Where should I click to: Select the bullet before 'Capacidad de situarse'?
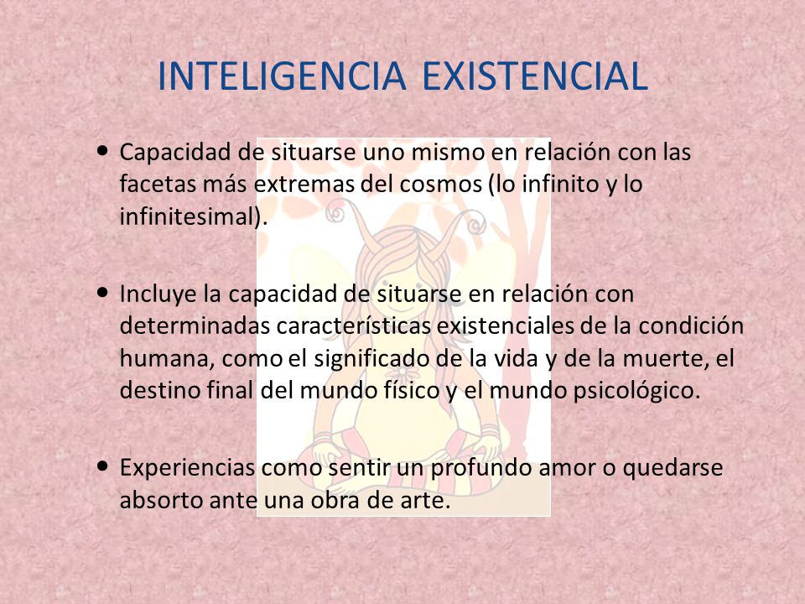[102, 153]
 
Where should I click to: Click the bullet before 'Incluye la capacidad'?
[102, 294]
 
